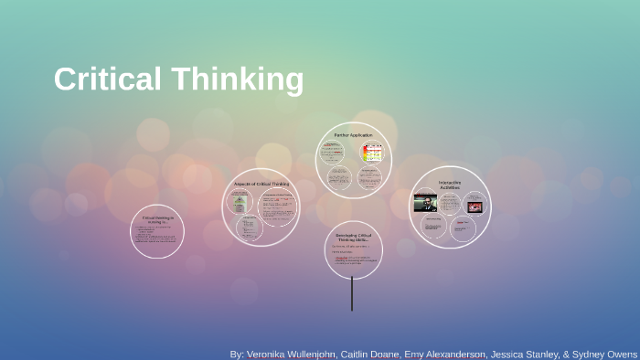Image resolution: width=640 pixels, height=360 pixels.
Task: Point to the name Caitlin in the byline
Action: pos(384,353)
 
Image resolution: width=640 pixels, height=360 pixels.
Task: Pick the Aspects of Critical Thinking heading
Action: pos(261,184)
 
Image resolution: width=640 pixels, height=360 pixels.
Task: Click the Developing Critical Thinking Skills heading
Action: pos(353,237)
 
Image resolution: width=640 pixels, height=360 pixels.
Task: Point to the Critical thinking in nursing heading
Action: pos(156,220)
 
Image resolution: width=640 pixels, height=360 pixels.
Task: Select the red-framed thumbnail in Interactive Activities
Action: pos(475,206)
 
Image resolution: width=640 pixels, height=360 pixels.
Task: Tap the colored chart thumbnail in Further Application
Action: pos(371,154)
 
